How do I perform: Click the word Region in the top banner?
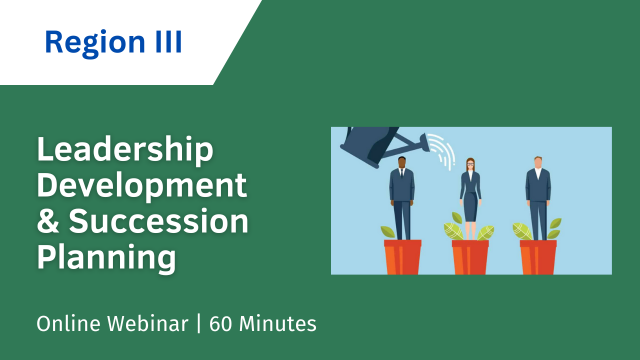tap(87, 43)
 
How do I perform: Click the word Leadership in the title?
tap(124, 151)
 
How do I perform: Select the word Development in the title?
tap(141, 186)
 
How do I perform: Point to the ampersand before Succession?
tap(48, 221)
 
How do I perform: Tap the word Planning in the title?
tap(106, 256)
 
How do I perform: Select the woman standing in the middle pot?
tap(469, 195)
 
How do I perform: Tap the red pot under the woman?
tap(469, 256)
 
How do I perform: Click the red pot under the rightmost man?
tap(537, 256)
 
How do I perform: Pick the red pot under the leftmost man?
tap(402, 256)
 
